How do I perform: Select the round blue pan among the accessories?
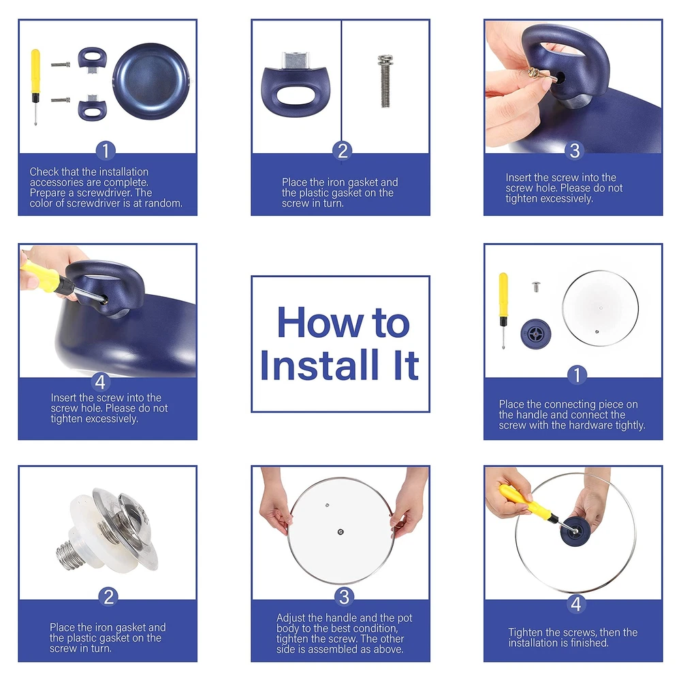(x=151, y=80)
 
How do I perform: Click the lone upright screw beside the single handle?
(x=385, y=81)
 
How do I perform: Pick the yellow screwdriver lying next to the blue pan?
(x=35, y=87)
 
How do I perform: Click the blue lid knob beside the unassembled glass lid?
(x=536, y=334)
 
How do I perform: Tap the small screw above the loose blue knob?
(x=536, y=286)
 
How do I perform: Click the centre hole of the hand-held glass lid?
(x=340, y=532)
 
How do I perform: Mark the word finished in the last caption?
(x=589, y=643)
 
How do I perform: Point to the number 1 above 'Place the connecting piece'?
(x=577, y=375)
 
